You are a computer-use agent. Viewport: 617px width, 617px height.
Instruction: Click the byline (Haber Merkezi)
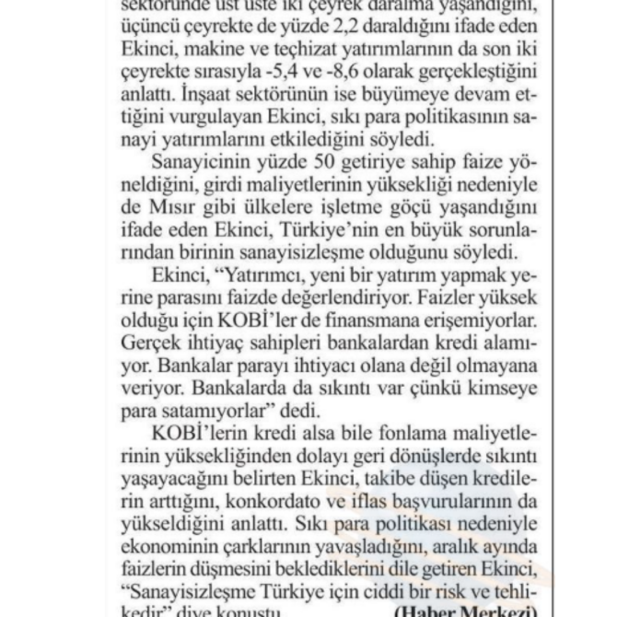click(x=466, y=611)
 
